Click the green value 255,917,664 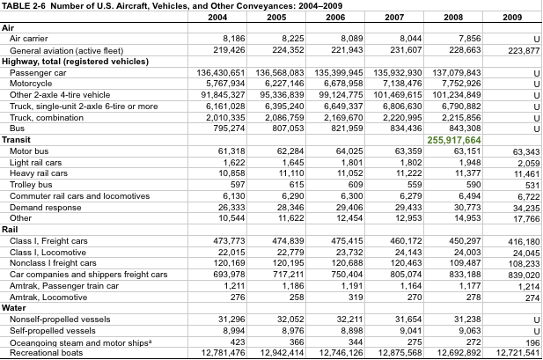pos(454,140)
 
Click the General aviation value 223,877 pos(523,50)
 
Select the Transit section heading pos(17,139)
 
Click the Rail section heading pos(11,229)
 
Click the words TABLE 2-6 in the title pos(24,5)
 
